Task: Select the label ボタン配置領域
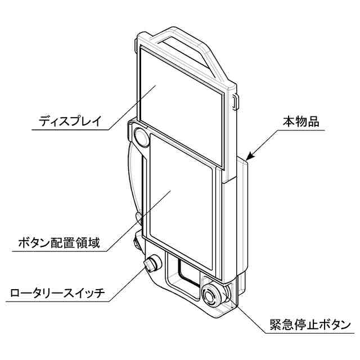pos(59,244)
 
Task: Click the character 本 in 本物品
pos(288,120)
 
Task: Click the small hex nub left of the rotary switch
pos(136,241)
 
